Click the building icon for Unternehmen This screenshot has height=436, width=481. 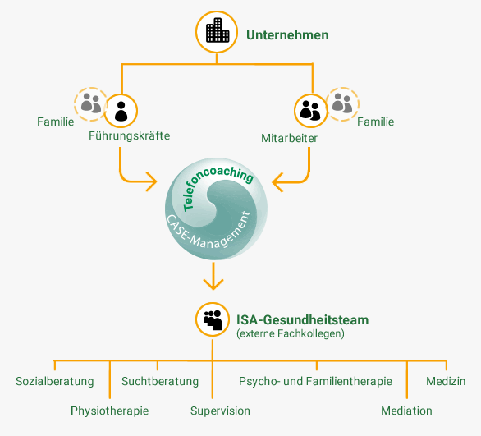[218, 30]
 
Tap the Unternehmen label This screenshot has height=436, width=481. [287, 35]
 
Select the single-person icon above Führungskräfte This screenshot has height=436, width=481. [121, 111]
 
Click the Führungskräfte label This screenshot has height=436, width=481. [129, 135]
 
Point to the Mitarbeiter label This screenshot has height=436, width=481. [289, 138]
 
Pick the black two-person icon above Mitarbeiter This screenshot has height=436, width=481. [310, 111]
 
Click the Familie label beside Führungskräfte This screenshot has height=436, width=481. [56, 122]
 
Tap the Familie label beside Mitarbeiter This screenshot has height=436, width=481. [375, 122]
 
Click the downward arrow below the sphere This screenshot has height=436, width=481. [213, 276]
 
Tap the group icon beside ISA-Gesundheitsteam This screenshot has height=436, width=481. [213, 319]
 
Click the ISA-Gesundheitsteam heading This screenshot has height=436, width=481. [302, 319]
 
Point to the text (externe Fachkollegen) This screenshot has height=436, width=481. [291, 333]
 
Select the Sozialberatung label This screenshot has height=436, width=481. [55, 381]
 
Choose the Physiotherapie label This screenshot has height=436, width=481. [109, 411]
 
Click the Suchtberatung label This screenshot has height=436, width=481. [160, 381]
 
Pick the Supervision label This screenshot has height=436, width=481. [220, 411]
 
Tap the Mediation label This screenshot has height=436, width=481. [406, 411]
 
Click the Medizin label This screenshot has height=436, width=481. [446, 381]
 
